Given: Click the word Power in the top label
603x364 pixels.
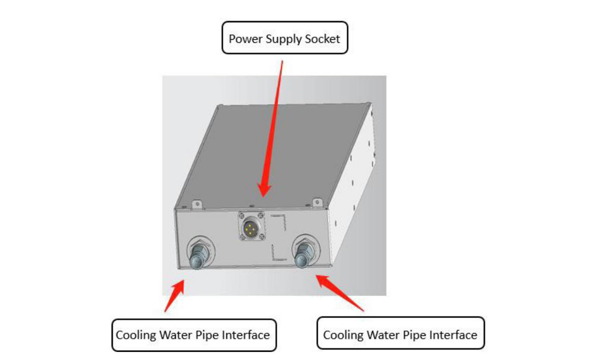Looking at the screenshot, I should coord(242,39).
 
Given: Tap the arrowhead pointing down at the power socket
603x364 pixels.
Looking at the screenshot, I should coord(265,190).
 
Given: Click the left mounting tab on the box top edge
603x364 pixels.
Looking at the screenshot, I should coord(196,203).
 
